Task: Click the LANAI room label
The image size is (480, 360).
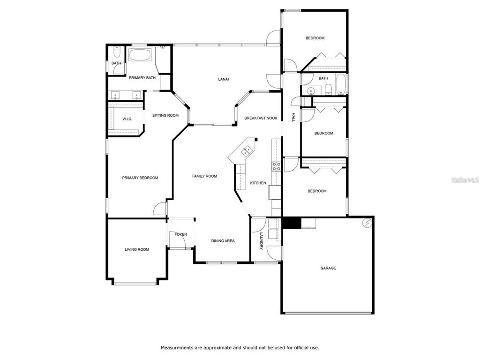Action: [x=224, y=79]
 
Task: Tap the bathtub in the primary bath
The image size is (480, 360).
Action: [x=140, y=55]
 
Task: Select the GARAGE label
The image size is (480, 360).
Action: [x=328, y=268]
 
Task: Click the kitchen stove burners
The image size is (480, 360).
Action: [x=277, y=166]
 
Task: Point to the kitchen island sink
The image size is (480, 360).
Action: [x=247, y=150]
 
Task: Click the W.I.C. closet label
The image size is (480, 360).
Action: [x=127, y=119]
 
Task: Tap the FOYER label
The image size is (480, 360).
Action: [x=180, y=234]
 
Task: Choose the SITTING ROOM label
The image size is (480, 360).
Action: [x=165, y=115]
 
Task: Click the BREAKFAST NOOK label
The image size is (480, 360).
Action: [x=261, y=118]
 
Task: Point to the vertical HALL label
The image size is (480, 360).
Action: [x=293, y=118]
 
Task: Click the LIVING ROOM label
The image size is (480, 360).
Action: [x=137, y=249]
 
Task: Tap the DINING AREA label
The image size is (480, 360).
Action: [x=223, y=241]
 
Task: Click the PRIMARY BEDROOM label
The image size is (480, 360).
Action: [x=140, y=178]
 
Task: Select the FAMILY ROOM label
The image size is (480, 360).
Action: [x=204, y=176]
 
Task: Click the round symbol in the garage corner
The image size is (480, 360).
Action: [x=367, y=223]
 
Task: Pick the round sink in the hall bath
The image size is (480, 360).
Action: [x=311, y=91]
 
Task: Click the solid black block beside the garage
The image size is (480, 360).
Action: [x=292, y=223]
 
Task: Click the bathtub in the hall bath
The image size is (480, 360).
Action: [x=340, y=84]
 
